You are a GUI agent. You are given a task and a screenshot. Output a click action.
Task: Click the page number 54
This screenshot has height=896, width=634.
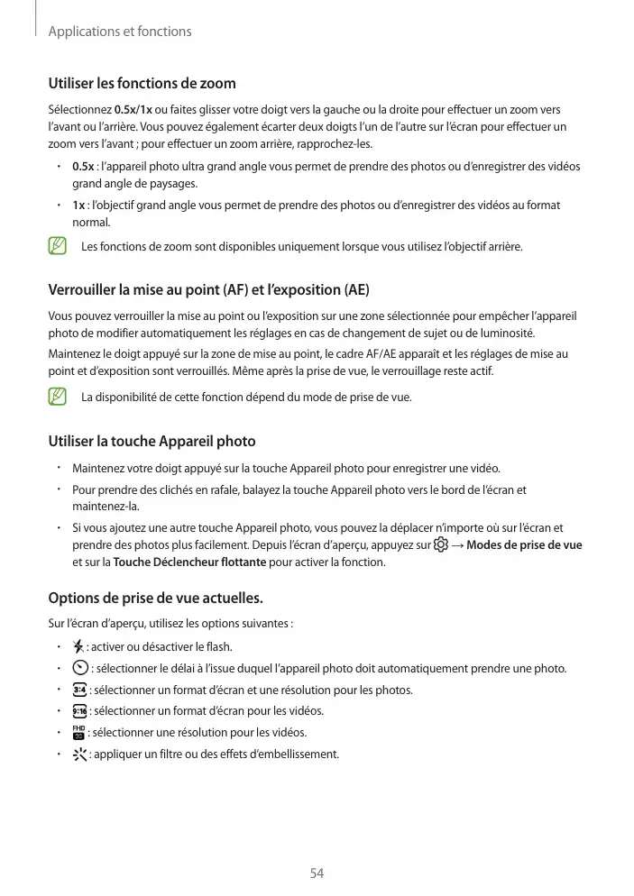pos(317,873)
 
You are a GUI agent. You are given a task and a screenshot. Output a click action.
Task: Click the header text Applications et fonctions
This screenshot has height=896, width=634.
pos(119,32)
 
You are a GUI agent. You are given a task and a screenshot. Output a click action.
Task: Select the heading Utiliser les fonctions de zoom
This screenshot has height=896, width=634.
pos(142,84)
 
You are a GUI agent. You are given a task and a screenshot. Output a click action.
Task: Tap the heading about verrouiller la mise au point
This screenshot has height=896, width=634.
pos(208,290)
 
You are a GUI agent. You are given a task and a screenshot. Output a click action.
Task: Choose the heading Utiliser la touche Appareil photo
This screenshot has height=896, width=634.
pos(152,441)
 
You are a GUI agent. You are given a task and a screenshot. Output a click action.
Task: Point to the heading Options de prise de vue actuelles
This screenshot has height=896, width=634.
pos(155,598)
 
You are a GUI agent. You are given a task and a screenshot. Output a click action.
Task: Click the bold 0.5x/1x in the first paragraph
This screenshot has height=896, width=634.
pos(133,111)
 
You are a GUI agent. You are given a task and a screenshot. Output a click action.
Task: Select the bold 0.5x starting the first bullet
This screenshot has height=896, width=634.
pos(82,167)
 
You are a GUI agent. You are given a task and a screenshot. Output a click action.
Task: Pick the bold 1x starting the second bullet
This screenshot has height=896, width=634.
pos(78,206)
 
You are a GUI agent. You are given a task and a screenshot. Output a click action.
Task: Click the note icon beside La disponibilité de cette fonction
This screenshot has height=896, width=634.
pos(58,397)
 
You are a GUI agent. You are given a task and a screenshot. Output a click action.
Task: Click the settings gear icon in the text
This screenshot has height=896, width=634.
pos(440,545)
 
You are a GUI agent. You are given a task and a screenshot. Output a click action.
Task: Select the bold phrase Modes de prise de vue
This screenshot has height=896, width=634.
pos(524,545)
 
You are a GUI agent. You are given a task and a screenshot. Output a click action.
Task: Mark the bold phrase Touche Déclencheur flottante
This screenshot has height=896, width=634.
pos(189,562)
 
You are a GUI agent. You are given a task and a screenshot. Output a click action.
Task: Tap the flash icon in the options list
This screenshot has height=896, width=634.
pos(78,646)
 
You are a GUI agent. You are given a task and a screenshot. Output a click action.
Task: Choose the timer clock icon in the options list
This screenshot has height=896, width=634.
pos(79,668)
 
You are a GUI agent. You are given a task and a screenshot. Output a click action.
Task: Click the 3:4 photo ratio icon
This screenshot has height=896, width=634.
pos(79,690)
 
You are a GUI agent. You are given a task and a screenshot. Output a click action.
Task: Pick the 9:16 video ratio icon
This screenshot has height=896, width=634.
pos(79,711)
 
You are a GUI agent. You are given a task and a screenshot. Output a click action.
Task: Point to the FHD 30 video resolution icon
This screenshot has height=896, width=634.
pos(78,732)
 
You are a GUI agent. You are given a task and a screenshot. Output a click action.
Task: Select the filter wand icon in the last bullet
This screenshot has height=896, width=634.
pos(79,754)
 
